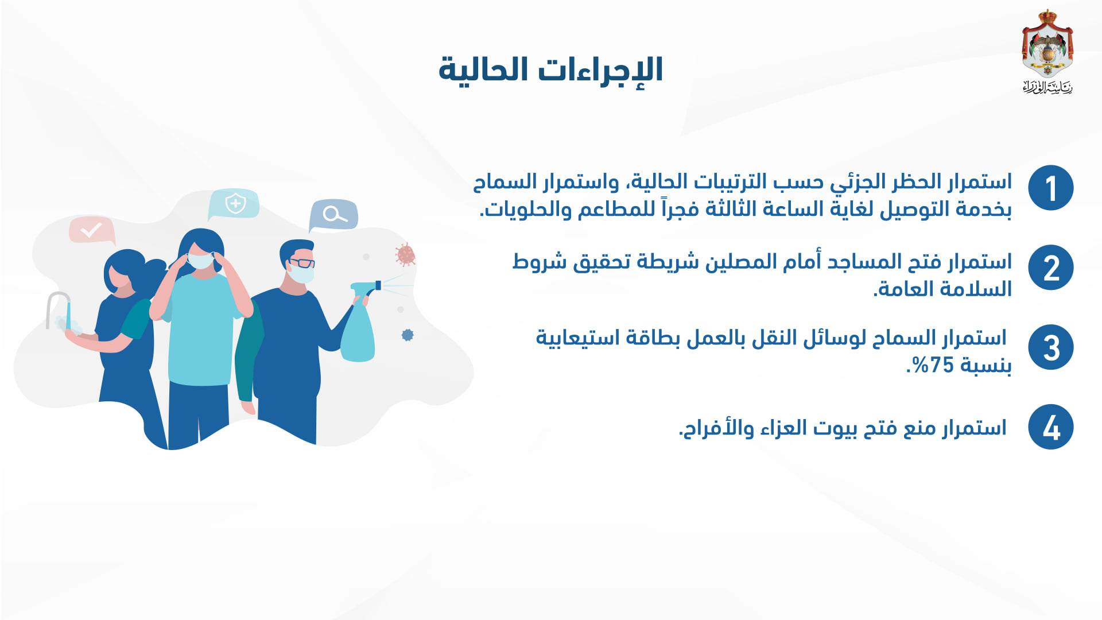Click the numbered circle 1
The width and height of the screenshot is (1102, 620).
coord(1050,188)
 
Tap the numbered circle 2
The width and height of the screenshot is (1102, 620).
coord(1050,268)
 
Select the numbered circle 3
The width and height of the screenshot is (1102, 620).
coord(1050,347)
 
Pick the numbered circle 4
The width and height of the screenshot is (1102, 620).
coord(1050,427)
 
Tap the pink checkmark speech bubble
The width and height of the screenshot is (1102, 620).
coord(92,231)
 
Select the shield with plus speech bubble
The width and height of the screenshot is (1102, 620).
coord(234,204)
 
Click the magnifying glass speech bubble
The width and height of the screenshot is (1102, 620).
coord(333,215)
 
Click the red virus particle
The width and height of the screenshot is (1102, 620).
coord(406,254)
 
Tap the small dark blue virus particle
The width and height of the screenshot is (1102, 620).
coord(408,335)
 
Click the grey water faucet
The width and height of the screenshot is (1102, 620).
coord(56,307)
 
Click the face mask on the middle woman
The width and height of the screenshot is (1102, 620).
coord(201,261)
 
